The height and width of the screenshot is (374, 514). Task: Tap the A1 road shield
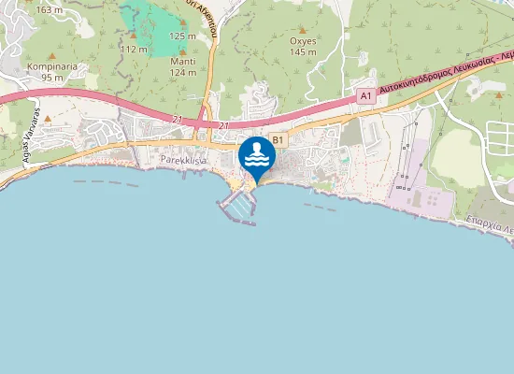click(365, 96)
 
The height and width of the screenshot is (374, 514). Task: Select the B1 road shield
click(278, 140)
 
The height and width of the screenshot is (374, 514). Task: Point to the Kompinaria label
click(51, 66)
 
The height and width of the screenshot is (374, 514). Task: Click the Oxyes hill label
click(304, 41)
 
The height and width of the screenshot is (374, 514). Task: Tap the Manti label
click(183, 61)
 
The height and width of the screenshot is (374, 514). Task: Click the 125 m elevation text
click(183, 36)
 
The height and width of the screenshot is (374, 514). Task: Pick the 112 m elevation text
click(135, 49)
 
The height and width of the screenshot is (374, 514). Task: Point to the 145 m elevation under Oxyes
click(304, 52)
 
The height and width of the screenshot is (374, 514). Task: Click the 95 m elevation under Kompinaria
click(51, 78)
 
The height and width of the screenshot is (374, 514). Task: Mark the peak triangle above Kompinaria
click(51, 56)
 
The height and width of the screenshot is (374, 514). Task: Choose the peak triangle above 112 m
click(132, 36)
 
